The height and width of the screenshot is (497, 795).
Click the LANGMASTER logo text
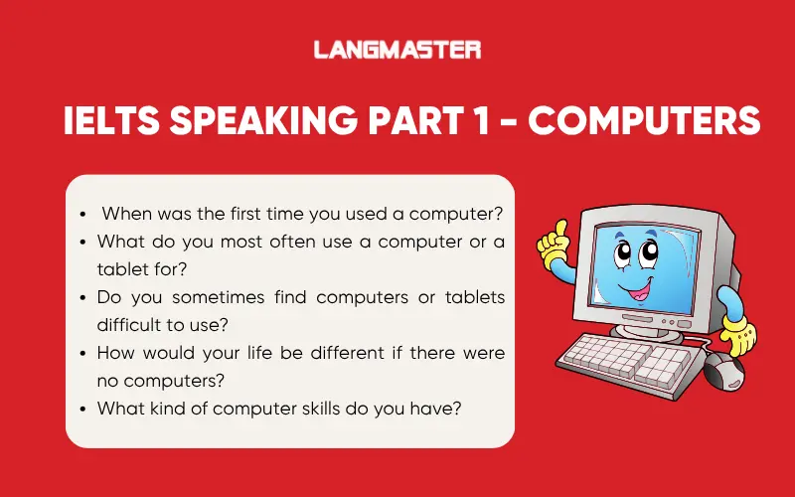point(397,49)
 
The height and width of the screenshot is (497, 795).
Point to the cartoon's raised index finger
point(559,228)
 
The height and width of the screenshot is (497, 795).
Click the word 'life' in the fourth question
point(260,353)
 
